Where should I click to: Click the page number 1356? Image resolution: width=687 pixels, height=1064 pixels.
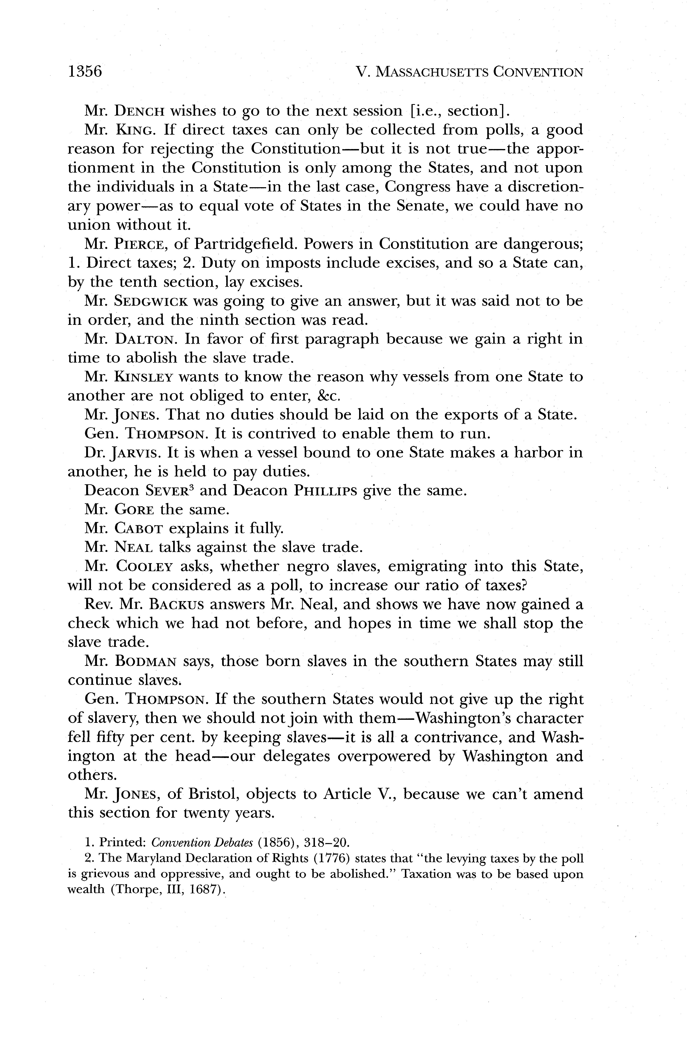click(x=85, y=71)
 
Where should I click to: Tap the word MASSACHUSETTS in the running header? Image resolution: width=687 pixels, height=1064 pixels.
click(x=431, y=72)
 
